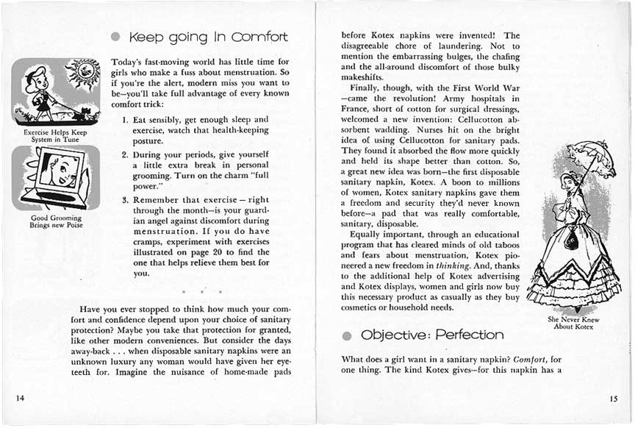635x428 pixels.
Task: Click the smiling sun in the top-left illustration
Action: click(x=82, y=76)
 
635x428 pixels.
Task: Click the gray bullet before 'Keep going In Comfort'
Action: click(x=115, y=37)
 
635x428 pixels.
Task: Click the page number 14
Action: click(x=20, y=398)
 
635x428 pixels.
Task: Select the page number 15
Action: click(x=613, y=399)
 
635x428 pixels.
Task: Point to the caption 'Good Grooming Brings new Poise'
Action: click(x=56, y=221)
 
